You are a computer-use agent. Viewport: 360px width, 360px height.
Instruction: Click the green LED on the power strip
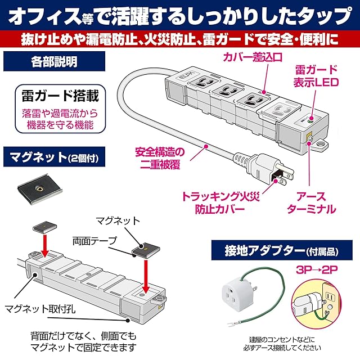310,119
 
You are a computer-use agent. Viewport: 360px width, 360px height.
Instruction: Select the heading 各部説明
54,61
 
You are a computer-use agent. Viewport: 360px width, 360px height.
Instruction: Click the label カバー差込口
253,57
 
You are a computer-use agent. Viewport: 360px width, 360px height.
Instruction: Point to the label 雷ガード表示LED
316,76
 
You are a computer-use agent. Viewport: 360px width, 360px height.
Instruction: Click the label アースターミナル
311,202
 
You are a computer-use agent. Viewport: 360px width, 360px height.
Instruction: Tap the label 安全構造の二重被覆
160,158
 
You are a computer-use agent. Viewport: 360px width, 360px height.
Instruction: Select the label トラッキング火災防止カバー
220,202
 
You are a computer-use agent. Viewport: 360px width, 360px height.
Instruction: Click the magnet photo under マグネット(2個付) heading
40,189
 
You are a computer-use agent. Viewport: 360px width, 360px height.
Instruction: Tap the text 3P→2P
317,270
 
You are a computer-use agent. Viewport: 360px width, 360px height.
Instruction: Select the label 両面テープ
94,241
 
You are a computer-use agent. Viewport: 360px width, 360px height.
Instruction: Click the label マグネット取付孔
40,309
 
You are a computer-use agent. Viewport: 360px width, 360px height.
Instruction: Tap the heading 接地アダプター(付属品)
282,251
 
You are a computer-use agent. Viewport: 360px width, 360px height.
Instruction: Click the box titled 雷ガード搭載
60,109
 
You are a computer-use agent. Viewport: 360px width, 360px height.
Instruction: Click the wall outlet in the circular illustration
331,297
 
